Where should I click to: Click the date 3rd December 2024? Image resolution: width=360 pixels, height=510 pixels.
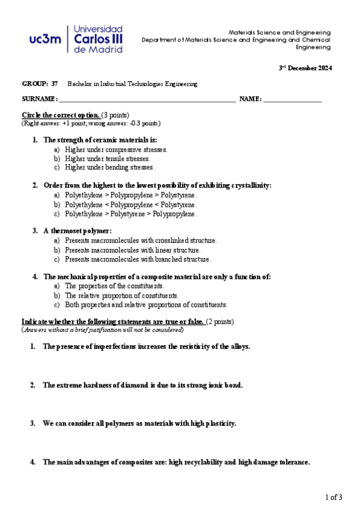pyautogui.click(x=305, y=68)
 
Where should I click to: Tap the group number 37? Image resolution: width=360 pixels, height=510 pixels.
pyautogui.click(x=55, y=84)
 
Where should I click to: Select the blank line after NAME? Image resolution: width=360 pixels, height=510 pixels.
pyautogui.click(x=293, y=99)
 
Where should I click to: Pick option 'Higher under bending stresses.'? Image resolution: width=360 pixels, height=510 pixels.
pyautogui.click(x=109, y=167)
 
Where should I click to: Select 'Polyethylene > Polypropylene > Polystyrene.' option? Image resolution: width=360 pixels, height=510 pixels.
pyautogui.click(x=130, y=195)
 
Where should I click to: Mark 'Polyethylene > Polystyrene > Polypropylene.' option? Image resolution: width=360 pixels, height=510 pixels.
pyautogui.click(x=130, y=214)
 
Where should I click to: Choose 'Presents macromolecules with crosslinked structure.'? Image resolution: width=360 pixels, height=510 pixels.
pyautogui.click(x=141, y=241)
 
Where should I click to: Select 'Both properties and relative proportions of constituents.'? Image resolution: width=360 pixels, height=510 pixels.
pyautogui.click(x=146, y=305)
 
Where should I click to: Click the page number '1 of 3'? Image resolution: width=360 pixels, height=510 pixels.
pyautogui.click(x=334, y=497)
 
